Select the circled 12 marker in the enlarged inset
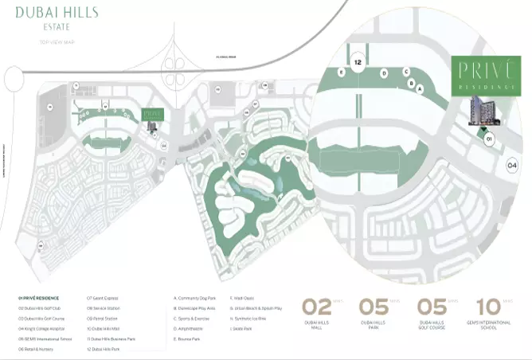(358, 61)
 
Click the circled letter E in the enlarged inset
(341, 72)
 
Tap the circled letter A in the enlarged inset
(419, 89)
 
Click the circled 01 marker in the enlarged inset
(489, 138)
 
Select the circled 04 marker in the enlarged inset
(513, 166)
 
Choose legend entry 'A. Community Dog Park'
(197, 297)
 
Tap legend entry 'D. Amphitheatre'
(191, 327)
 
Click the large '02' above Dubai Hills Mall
(316, 307)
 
